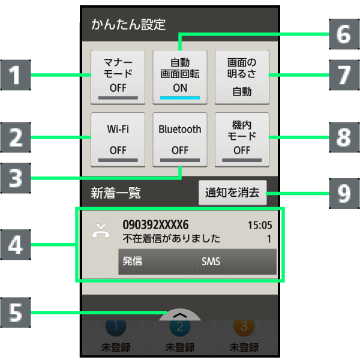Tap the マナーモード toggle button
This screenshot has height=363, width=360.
click(x=118, y=77)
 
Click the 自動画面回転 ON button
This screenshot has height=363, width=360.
click(x=180, y=77)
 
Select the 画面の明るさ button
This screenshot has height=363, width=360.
click(x=242, y=77)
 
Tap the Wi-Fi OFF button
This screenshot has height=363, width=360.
click(x=118, y=139)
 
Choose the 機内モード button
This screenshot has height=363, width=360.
click(x=242, y=139)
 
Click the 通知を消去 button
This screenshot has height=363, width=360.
click(x=232, y=193)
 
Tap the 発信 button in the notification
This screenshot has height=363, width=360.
click(x=157, y=262)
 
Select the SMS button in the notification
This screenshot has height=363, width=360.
click(x=236, y=262)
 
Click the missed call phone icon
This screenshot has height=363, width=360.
click(x=100, y=230)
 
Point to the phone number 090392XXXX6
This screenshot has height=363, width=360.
click(x=155, y=225)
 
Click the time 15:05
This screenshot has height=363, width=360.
click(x=260, y=226)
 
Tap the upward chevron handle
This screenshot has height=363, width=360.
click(x=180, y=315)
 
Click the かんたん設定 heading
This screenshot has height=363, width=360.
click(x=128, y=25)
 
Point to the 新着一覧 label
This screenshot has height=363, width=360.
click(x=115, y=193)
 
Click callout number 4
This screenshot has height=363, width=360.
click(x=19, y=245)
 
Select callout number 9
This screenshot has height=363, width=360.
click(x=343, y=193)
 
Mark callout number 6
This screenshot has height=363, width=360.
click(x=343, y=33)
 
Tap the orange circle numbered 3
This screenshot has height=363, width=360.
click(x=244, y=327)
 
